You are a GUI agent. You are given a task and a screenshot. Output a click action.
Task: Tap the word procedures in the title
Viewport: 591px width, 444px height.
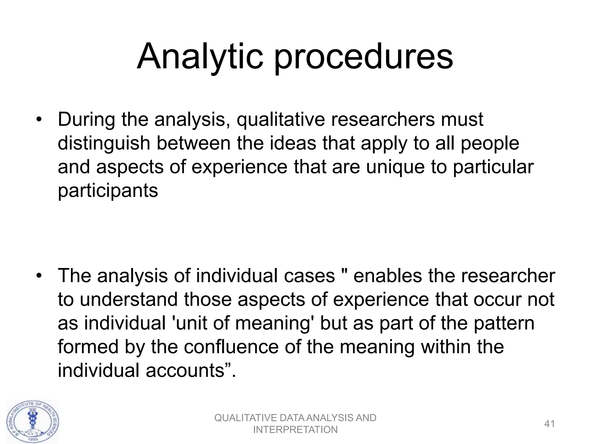click(363, 57)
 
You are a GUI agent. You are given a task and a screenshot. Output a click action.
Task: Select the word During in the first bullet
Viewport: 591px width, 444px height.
click(86, 119)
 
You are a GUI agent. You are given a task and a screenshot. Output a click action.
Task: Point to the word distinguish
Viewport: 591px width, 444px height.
click(104, 143)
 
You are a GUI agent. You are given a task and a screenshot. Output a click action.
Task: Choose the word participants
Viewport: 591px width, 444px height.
click(108, 191)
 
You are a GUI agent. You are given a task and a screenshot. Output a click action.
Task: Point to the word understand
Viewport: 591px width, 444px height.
click(129, 299)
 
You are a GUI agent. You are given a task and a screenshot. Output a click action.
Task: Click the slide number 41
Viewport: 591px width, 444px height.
click(549, 424)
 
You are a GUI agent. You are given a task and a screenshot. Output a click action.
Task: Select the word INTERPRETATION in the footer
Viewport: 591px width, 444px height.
click(295, 430)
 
